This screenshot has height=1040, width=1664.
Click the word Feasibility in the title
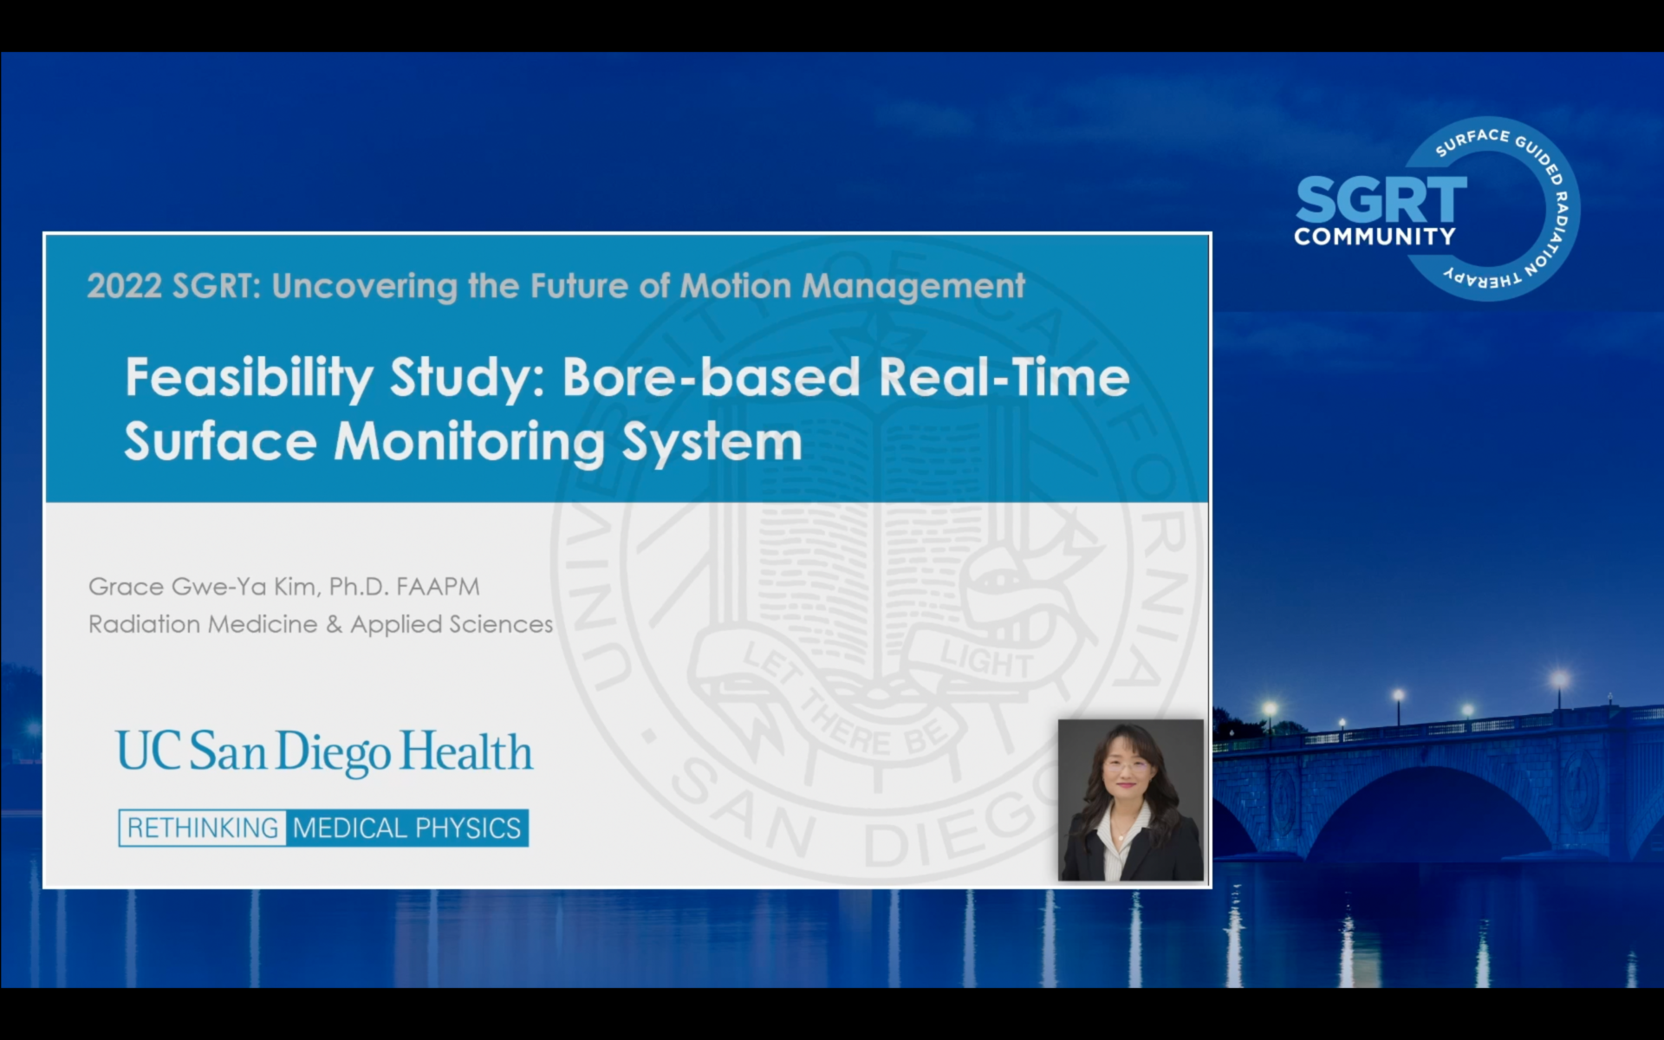pos(249,378)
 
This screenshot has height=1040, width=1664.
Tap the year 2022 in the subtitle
pos(124,286)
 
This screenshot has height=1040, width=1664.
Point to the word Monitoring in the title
pos(469,442)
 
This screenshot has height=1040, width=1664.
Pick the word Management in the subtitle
pos(913,287)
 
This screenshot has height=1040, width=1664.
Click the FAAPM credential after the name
pos(438,587)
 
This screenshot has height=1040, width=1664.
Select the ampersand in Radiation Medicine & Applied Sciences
pos(334,624)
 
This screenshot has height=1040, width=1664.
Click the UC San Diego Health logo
pos(325,751)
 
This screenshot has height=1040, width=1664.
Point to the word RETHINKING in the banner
pos(203,828)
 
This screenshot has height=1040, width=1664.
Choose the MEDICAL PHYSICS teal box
pos(406,828)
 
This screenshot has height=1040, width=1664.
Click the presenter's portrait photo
pos(1131,800)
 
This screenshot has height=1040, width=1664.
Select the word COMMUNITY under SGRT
pos(1375,237)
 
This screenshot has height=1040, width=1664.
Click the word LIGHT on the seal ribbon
pos(987,661)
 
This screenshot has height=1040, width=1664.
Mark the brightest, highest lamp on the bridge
pos(1559,678)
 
